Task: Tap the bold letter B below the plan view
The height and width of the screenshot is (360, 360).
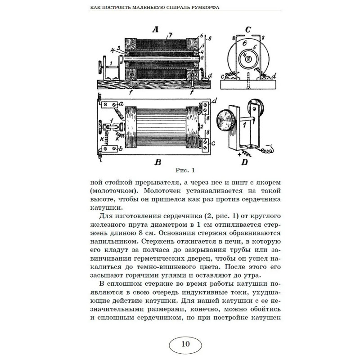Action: [x=157, y=162]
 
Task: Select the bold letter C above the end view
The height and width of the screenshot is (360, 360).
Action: [x=247, y=30]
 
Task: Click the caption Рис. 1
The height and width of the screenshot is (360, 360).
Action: [x=185, y=170]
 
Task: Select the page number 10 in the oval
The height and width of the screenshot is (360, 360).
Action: [x=185, y=344]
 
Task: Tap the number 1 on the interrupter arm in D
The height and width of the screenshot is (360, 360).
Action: [x=243, y=126]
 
